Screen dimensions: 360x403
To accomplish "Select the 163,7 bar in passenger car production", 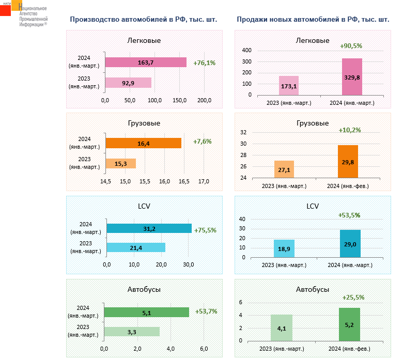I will click(x=146, y=62).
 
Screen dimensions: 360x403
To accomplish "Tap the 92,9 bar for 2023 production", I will click(x=128, y=83).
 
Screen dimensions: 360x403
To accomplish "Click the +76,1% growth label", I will click(x=204, y=62).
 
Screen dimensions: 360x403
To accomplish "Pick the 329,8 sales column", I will click(x=352, y=76).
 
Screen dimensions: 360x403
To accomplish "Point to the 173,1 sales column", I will click(x=289, y=86).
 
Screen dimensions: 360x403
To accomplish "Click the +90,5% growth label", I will click(x=351, y=45).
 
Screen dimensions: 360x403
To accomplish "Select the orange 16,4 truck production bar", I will click(x=144, y=143).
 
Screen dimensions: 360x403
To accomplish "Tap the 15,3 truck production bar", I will click(x=121, y=163).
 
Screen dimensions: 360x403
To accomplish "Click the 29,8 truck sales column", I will click(x=348, y=162).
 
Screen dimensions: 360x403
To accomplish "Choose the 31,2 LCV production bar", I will click(x=149, y=228).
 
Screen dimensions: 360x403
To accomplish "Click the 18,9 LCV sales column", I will click(x=284, y=248).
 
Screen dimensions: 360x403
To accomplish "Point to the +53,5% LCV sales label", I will click(x=349, y=215).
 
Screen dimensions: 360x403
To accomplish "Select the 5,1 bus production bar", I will click(x=147, y=312).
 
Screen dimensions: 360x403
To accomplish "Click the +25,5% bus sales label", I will click(x=353, y=298).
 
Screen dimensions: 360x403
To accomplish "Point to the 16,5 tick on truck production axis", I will click(x=184, y=181).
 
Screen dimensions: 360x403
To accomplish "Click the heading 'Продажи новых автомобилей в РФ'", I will click(x=313, y=20).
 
